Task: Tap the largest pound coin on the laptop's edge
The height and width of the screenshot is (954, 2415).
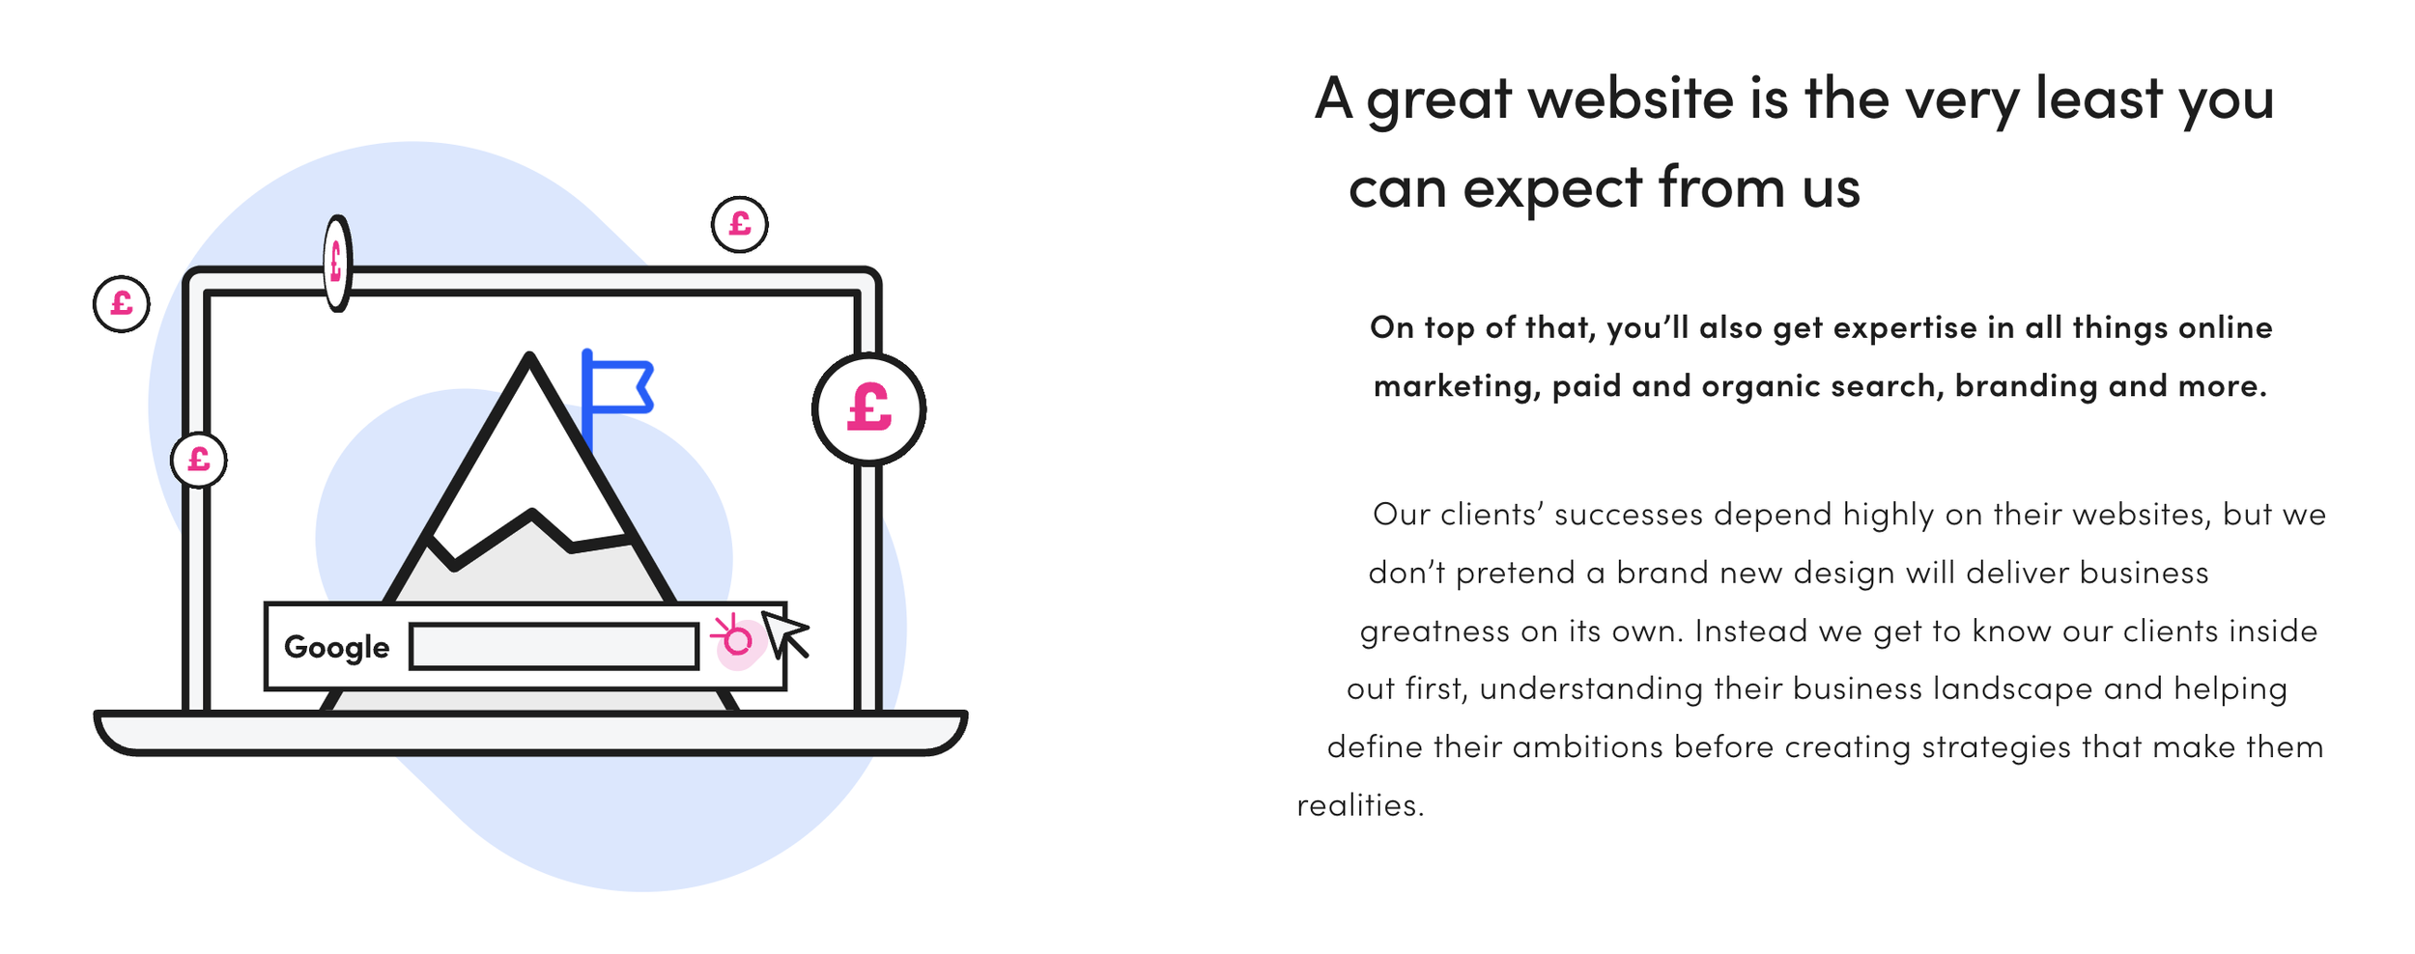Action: (x=868, y=408)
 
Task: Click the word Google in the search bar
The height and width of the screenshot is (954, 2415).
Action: (x=336, y=647)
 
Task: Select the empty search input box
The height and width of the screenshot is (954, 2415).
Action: (x=554, y=646)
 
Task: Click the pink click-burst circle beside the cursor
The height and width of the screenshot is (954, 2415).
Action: (x=736, y=639)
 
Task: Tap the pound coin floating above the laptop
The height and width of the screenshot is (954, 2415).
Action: (x=740, y=224)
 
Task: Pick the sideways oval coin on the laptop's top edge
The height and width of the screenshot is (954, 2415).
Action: (x=337, y=263)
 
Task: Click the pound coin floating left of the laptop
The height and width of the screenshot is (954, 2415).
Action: (x=122, y=304)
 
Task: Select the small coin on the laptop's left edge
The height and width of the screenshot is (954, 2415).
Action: (x=199, y=460)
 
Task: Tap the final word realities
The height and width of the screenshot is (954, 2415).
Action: (x=1360, y=805)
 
